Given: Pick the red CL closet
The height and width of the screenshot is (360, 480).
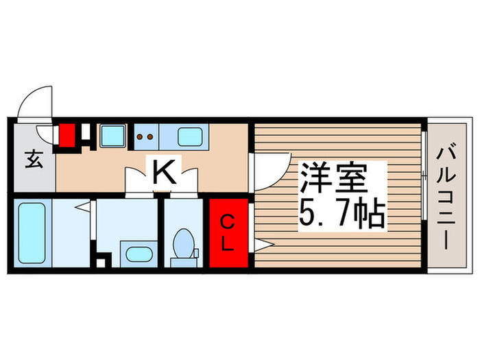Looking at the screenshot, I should coord(230,233).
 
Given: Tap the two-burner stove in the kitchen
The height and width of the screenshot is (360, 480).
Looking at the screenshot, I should coord(146,136).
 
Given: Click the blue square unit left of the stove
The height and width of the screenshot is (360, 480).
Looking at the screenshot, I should coord(112,136).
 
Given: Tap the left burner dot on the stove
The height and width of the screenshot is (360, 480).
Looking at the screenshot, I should coord(141,136).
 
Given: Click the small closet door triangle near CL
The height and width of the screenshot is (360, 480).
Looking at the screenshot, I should coord(264,243).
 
